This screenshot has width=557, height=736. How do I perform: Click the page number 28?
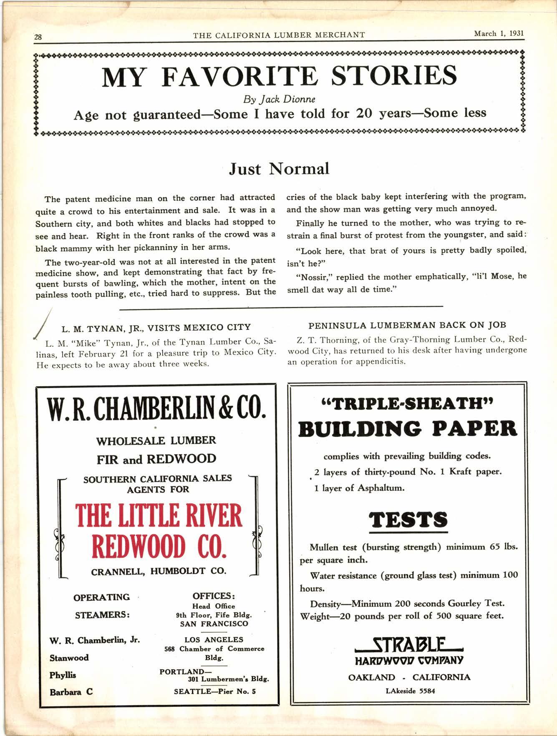coord(38,37)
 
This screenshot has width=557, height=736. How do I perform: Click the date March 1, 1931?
coord(499,34)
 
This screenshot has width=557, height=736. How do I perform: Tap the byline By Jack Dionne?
coord(279,99)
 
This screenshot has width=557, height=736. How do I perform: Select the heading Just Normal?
coord(279,169)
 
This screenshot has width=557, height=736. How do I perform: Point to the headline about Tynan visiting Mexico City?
coord(156,328)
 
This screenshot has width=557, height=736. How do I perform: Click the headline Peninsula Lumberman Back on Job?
coord(407,325)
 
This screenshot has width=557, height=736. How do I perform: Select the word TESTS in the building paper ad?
coord(408,520)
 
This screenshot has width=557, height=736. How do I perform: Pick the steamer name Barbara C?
coord(71,692)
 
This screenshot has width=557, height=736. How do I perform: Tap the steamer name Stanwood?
coord(69,658)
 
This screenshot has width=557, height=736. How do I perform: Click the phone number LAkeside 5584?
coord(410,691)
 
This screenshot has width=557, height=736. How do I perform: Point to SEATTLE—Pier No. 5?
coord(214,691)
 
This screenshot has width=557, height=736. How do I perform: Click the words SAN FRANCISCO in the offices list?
coord(214,624)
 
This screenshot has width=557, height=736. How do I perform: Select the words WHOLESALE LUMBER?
coord(156,441)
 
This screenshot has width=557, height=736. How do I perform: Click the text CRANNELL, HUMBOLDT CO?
coord(159,571)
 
